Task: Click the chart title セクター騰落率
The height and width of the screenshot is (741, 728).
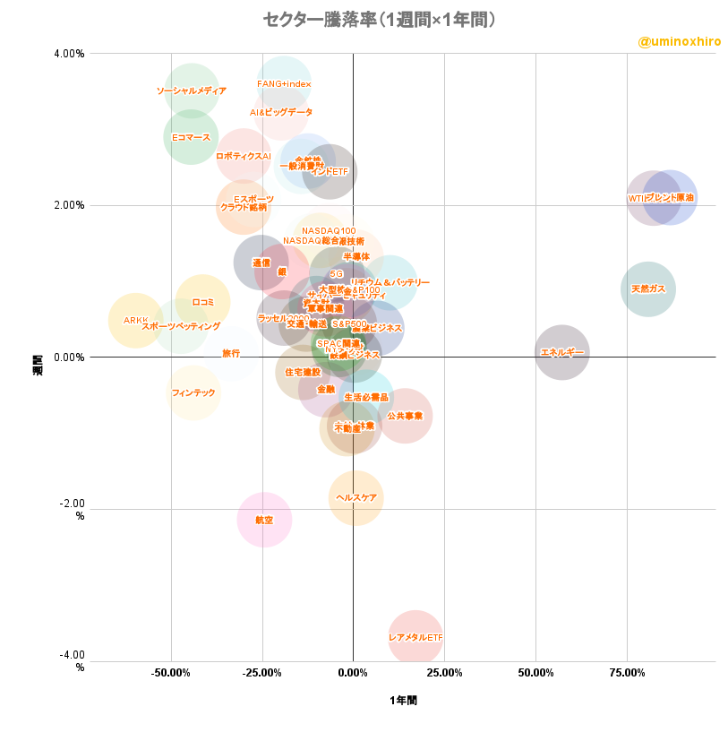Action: (379, 20)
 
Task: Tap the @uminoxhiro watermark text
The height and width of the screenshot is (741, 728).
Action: (679, 42)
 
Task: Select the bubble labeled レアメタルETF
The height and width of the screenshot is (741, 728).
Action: (415, 637)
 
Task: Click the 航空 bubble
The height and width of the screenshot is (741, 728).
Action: (264, 520)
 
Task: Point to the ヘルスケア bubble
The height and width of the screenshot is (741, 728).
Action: (356, 497)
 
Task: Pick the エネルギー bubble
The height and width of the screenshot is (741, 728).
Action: (562, 352)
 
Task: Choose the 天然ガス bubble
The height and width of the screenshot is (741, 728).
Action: (647, 289)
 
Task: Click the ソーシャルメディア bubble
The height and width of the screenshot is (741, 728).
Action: (191, 90)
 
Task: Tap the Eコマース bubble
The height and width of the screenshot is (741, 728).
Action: (191, 137)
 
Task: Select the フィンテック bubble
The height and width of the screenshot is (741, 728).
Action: (193, 392)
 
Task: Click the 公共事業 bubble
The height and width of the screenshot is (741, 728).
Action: (405, 416)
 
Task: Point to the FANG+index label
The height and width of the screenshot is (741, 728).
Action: (284, 84)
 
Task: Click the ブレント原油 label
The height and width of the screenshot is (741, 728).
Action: (669, 197)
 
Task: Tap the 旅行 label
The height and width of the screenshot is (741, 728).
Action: (231, 354)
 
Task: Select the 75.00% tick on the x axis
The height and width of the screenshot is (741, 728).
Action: (627, 673)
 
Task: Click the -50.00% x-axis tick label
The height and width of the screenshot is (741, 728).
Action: (171, 673)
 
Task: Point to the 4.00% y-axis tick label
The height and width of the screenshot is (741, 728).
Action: (69, 54)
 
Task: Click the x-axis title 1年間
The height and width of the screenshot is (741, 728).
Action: (403, 701)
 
